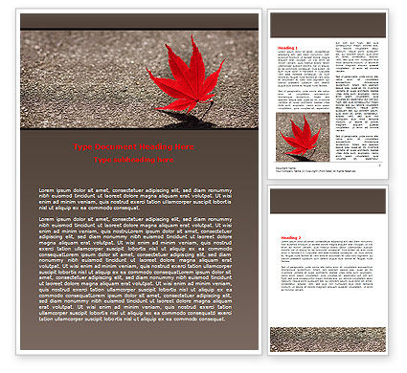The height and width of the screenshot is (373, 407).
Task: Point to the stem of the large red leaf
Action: click(203, 111)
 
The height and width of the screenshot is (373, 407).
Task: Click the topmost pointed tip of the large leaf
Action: click(192, 36)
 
